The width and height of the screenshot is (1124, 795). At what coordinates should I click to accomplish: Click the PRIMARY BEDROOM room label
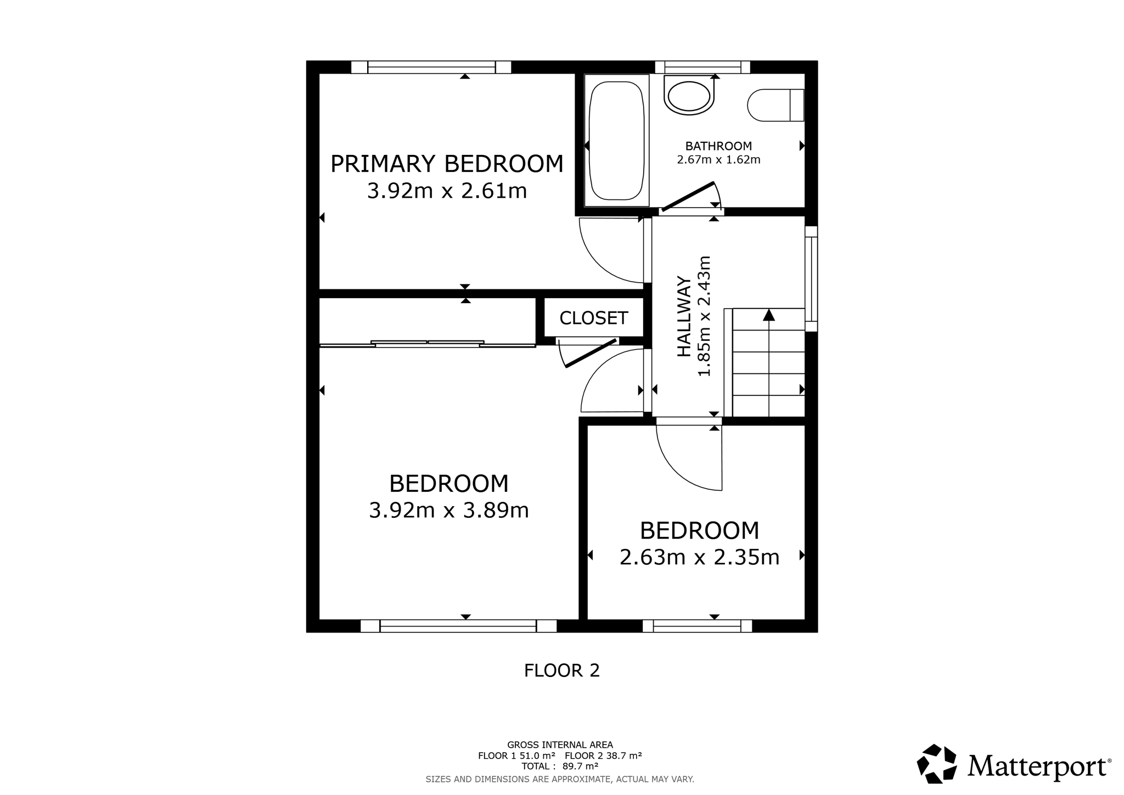point(447,164)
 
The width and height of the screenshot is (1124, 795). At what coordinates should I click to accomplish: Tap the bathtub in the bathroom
point(616,141)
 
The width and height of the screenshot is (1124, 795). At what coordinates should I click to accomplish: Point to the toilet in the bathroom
point(775,105)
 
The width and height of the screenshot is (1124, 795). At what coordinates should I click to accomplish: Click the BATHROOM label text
point(718,146)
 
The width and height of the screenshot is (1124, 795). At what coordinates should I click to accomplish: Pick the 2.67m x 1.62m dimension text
point(718,160)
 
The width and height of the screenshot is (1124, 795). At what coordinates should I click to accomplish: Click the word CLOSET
point(593,318)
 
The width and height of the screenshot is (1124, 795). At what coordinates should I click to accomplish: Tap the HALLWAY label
point(684,316)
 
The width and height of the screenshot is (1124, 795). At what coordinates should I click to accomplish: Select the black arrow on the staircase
point(769,315)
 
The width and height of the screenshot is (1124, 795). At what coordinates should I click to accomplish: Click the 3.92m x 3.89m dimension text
point(448,511)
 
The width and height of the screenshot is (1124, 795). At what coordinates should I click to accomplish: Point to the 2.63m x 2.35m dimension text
point(699,557)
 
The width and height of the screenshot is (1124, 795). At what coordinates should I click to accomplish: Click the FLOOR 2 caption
point(561,670)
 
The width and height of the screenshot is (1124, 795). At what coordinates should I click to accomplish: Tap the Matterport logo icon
point(937,764)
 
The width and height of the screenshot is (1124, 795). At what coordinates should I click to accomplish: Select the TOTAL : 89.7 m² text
point(560,766)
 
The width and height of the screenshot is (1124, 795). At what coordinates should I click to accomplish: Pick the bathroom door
point(688,196)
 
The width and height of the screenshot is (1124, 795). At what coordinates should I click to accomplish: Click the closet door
point(591,353)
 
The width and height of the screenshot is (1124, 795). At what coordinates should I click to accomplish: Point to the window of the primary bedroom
point(431,68)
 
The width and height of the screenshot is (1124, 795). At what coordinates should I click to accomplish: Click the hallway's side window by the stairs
point(811,278)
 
